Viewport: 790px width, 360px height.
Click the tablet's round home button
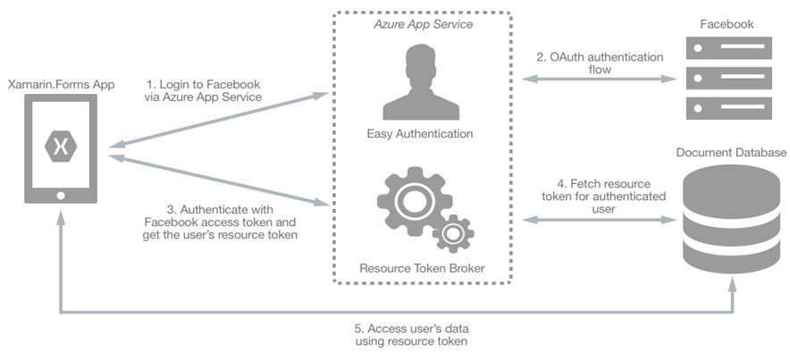tap(61, 196)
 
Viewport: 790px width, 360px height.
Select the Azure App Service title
tap(423, 24)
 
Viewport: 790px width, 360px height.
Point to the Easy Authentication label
tap(419, 134)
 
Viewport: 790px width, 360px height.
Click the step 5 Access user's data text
tap(410, 333)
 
